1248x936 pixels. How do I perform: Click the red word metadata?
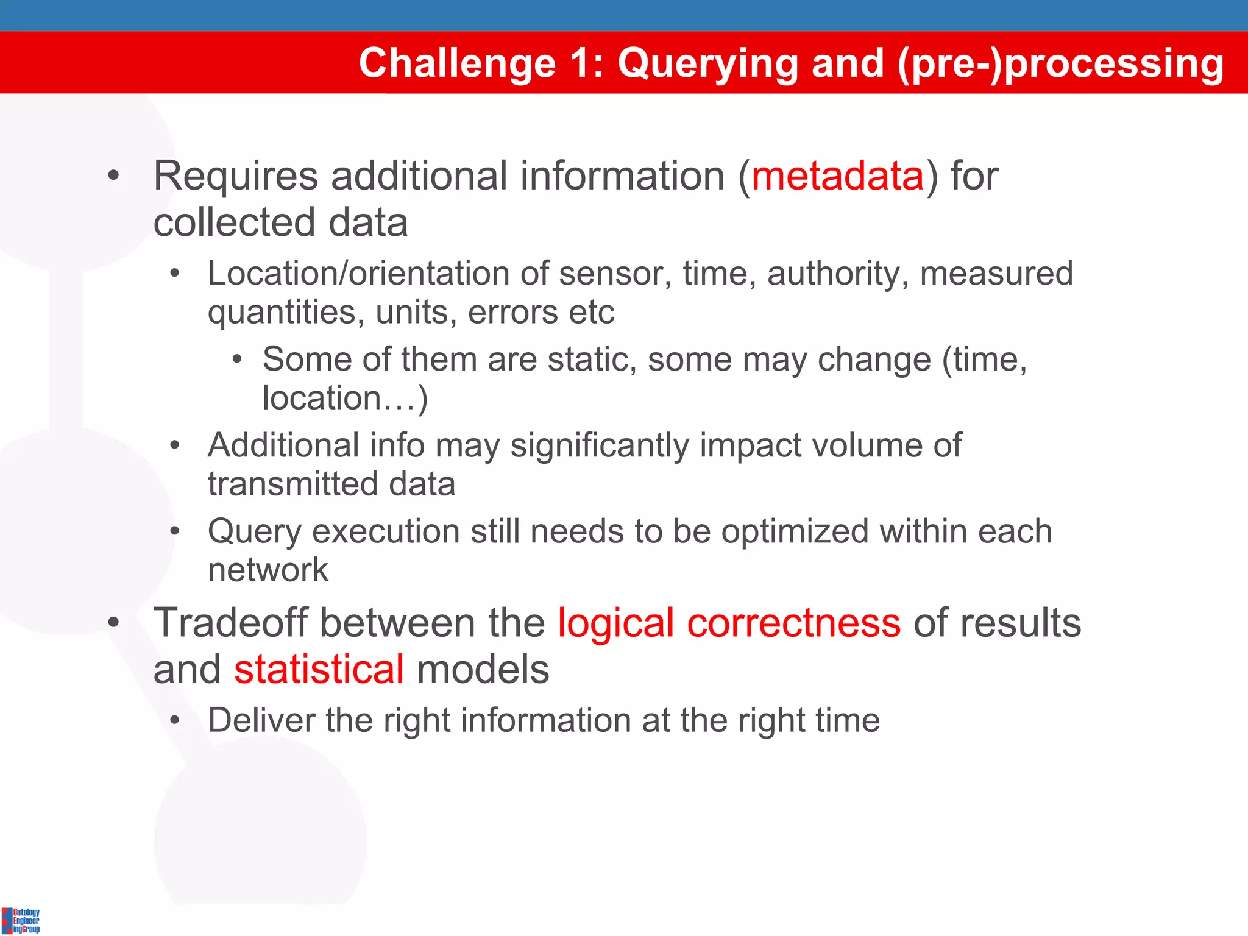pos(838,177)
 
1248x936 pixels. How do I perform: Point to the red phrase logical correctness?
pos(729,623)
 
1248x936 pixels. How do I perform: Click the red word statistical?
pos(319,670)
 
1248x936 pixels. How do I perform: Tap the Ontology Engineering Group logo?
pos(21,920)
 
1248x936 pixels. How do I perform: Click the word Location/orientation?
pos(358,273)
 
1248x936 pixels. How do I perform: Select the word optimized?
pos(795,532)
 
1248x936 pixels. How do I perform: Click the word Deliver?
pos(261,720)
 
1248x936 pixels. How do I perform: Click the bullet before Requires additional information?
pos(113,177)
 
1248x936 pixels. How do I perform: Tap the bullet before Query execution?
pos(175,531)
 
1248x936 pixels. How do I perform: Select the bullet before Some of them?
pos(237,360)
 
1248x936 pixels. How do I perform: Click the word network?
pos(268,570)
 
